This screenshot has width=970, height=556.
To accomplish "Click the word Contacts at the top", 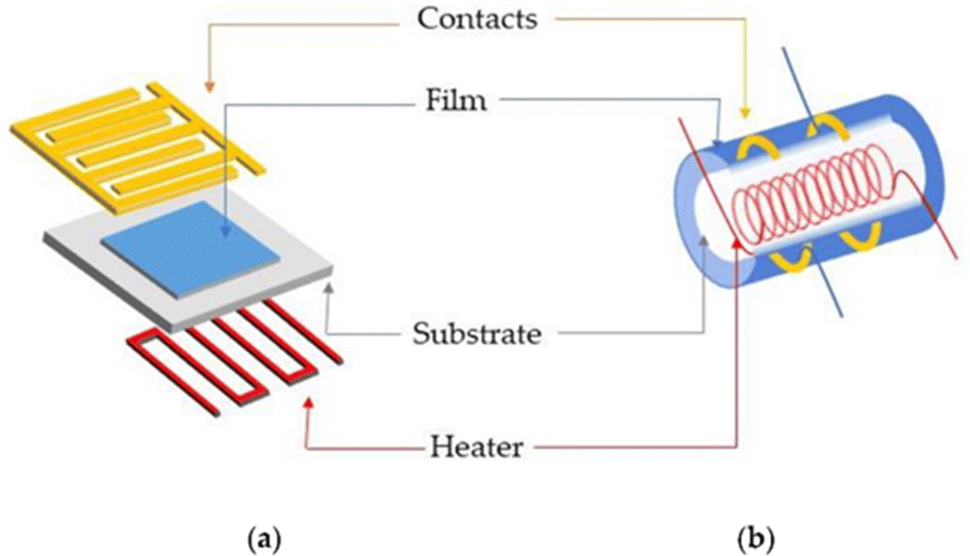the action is [x=477, y=20].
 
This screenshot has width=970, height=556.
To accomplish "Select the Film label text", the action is [x=457, y=100].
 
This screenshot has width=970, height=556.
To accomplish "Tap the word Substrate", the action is [x=477, y=334].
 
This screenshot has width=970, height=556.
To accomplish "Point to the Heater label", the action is [x=477, y=447].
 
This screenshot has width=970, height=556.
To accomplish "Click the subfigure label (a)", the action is [x=264, y=539].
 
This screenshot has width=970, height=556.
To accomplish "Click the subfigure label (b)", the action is [x=756, y=539].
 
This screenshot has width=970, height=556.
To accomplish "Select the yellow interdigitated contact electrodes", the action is [x=139, y=147].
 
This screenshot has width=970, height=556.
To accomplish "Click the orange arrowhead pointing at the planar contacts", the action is [x=209, y=87].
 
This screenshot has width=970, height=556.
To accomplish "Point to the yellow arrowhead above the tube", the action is [x=745, y=112].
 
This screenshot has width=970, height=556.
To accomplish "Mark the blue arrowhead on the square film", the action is [x=225, y=231].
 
